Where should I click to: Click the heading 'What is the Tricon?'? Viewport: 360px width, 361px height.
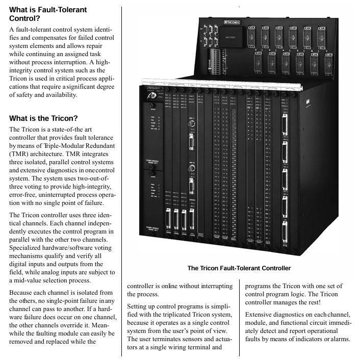click(x=43, y=118)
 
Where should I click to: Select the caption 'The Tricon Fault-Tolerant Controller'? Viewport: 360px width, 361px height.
click(x=239, y=268)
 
